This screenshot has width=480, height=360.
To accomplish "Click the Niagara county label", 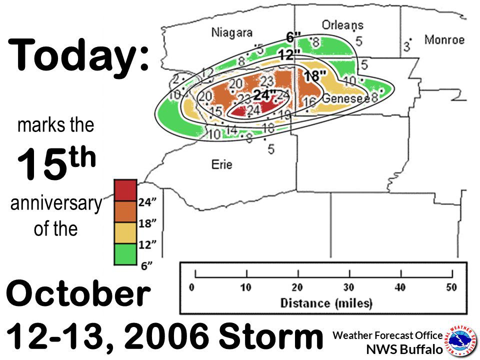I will coord(231,33).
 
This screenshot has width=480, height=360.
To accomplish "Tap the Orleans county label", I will coord(342,24).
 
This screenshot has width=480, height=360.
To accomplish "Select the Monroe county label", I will coord(444,40).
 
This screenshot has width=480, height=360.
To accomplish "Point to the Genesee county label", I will coord(345,98).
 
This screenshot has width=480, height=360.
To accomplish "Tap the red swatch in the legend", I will coord(125,189).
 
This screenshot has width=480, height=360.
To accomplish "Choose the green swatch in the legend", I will coord(125,254).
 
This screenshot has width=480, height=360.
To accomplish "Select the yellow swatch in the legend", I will coord(125,233).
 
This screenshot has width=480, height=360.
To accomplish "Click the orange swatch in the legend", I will coord(125,211).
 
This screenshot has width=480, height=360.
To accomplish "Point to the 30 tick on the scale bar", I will coord(349,274).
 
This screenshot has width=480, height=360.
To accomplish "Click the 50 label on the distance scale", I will coord(451,287).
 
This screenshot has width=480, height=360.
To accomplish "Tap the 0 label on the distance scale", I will coord(192,287).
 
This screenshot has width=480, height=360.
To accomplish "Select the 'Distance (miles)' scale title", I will coord(326,303).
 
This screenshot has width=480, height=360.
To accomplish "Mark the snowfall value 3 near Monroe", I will coord(406,47).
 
